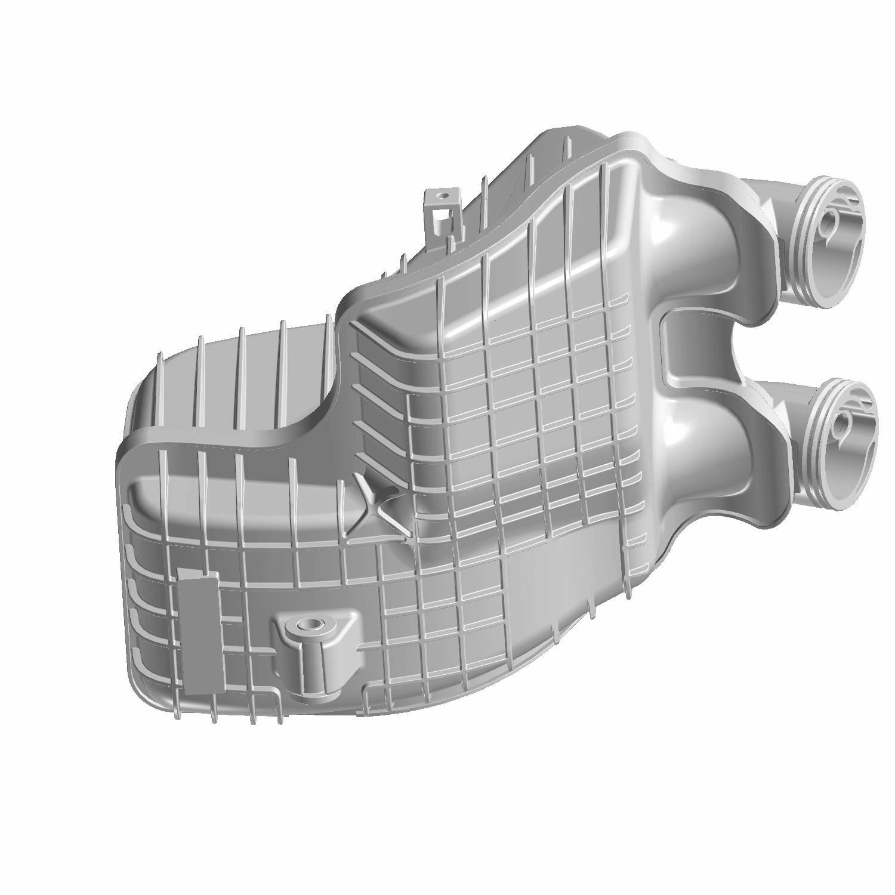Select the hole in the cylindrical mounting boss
308,625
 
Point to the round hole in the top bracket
442,195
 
